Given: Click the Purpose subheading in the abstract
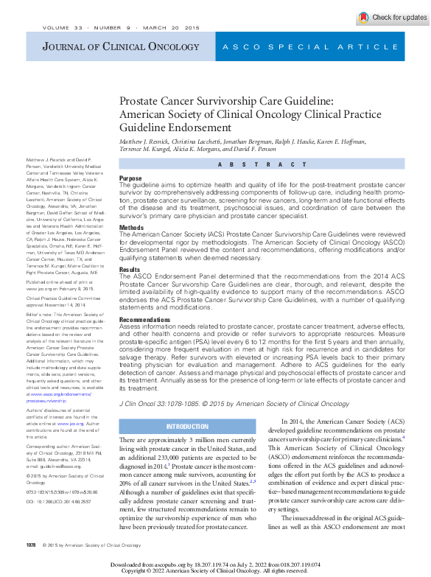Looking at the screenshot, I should (x=130, y=178).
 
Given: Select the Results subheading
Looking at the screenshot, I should (x=130, y=270).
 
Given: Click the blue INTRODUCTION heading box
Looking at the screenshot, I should (x=188, y=427).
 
